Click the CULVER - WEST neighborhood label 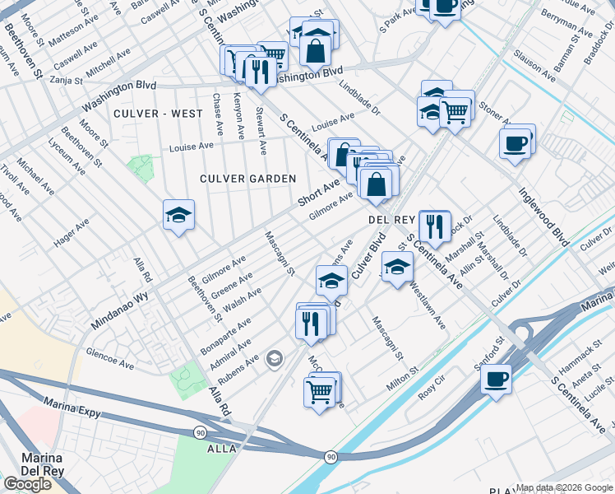158,114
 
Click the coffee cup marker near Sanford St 496,380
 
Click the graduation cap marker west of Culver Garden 178,215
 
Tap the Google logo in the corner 27,484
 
